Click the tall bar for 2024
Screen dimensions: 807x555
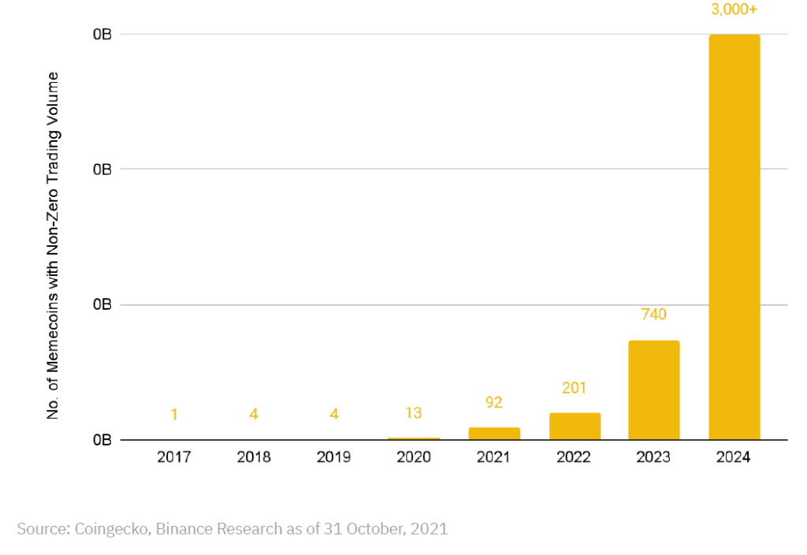click(734, 237)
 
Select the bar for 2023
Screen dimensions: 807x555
click(653, 389)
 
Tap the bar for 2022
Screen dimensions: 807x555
click(575, 426)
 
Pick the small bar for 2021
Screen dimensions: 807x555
click(494, 434)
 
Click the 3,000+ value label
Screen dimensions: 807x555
click(734, 9)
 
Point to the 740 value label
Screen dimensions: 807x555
click(653, 314)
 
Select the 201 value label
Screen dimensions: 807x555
click(574, 388)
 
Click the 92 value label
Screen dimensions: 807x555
click(493, 402)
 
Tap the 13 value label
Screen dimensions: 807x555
click(413, 413)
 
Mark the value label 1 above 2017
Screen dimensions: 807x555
click(174, 415)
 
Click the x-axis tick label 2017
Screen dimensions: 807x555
click(174, 457)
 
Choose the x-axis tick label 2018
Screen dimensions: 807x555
click(254, 457)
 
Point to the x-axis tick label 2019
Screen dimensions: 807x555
click(333, 457)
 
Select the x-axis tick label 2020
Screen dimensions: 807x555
click(414, 457)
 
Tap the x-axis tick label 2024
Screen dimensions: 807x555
click(734, 457)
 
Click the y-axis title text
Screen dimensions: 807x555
click(53, 246)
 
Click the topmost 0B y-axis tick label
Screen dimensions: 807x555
click(102, 35)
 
